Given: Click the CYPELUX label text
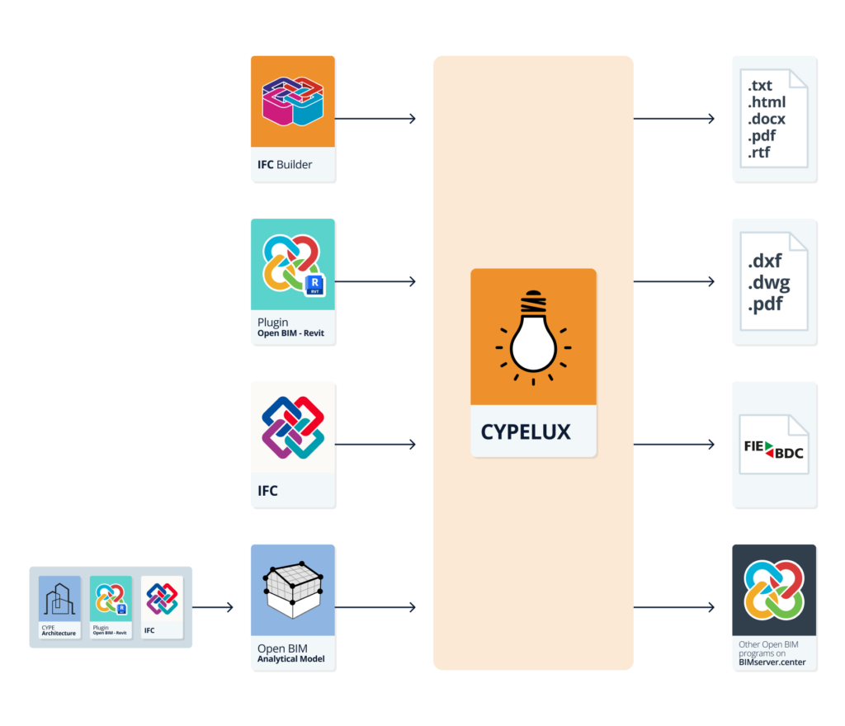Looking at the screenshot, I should (526, 431).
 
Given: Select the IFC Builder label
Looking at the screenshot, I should (285, 164).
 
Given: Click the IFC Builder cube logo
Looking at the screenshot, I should (292, 101).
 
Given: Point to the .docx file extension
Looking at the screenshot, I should (767, 119).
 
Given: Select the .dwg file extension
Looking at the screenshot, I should (768, 283).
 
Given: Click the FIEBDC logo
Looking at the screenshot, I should (773, 451).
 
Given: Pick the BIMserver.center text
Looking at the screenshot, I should (772, 661).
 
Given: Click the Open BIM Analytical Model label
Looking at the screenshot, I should (291, 653).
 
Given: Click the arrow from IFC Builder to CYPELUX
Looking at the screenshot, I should (375, 119).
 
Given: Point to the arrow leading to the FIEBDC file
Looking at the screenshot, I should (673, 445).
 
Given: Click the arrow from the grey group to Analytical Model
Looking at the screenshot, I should (213, 608).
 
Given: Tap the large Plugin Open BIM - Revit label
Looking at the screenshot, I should (290, 328).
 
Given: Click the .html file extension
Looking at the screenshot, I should (767, 102).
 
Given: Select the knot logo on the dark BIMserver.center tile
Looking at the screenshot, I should (774, 588).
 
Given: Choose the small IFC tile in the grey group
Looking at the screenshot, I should (162, 606).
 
